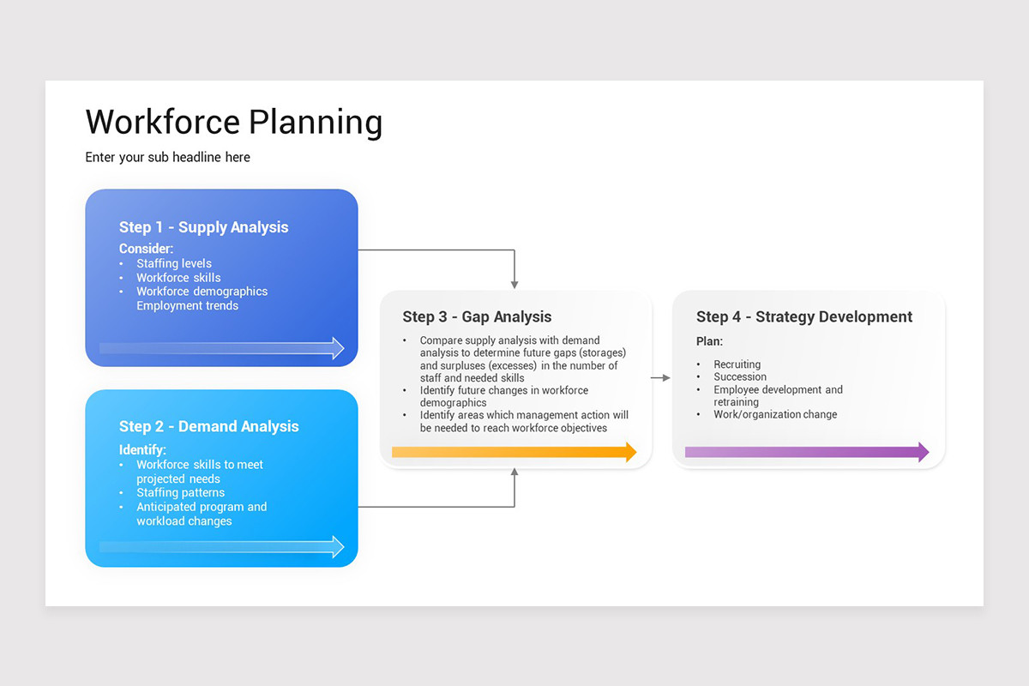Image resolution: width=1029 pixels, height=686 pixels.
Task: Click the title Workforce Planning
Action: pyautogui.click(x=233, y=122)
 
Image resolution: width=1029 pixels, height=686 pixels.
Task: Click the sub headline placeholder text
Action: pyautogui.click(x=167, y=158)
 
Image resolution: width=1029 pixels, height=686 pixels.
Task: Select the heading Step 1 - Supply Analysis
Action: pyautogui.click(x=203, y=227)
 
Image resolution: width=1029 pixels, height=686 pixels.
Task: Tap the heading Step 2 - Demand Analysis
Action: pyautogui.click(x=208, y=426)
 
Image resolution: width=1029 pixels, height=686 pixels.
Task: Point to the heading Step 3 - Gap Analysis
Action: pyautogui.click(x=477, y=317)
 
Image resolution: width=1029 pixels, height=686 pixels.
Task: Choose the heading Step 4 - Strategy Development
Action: pyautogui.click(x=803, y=317)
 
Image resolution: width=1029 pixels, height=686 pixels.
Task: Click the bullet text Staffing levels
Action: pyautogui.click(x=173, y=264)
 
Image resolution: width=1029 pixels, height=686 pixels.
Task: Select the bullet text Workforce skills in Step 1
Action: pyautogui.click(x=178, y=278)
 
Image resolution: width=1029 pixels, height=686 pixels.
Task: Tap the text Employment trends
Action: pyautogui.click(x=187, y=306)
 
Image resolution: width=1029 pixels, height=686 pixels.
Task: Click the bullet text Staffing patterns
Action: pyautogui.click(x=180, y=493)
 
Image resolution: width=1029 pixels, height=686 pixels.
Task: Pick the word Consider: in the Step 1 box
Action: pyautogui.click(x=146, y=249)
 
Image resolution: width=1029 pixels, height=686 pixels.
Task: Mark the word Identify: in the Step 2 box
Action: pyautogui.click(x=142, y=449)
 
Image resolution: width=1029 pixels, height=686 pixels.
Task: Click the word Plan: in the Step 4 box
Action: pyautogui.click(x=709, y=341)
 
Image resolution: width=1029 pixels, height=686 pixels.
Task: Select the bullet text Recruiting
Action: pyautogui.click(x=737, y=364)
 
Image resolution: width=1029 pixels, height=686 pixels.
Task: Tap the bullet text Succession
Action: pyautogui.click(x=740, y=377)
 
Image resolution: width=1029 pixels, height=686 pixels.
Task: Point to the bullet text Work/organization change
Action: pyautogui.click(x=775, y=415)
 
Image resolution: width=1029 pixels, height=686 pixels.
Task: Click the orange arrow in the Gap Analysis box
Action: pyautogui.click(x=514, y=452)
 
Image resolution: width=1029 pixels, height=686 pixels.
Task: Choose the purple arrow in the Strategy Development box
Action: pyautogui.click(x=806, y=452)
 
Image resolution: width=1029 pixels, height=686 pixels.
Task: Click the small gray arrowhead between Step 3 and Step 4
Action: pyautogui.click(x=665, y=377)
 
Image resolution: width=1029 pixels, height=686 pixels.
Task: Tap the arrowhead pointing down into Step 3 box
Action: pyautogui.click(x=514, y=283)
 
